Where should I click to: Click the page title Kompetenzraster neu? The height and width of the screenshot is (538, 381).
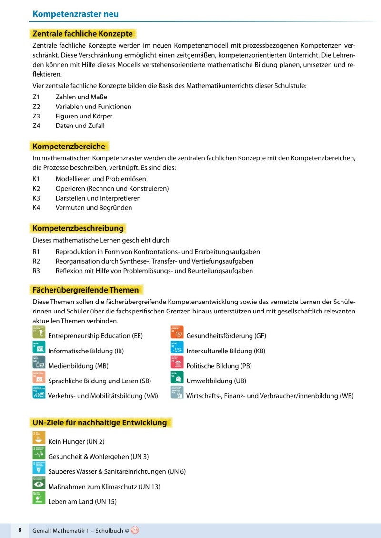point(75,14)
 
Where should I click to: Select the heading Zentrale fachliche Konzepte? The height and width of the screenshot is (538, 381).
point(82,34)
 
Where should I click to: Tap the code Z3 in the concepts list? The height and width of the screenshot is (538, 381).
point(36,116)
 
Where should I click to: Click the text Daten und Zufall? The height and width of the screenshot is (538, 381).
point(80,126)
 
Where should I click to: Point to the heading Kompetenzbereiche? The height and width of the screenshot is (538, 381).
point(69,146)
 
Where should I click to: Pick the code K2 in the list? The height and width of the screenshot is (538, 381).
point(36,188)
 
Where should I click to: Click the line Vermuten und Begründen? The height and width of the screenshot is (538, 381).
point(94,207)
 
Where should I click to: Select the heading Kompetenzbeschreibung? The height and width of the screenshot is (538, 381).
point(78,228)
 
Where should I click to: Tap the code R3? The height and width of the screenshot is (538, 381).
point(36,271)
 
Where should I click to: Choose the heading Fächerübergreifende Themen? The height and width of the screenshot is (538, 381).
point(86,290)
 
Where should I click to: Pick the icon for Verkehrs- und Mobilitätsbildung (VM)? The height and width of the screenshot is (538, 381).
point(39,392)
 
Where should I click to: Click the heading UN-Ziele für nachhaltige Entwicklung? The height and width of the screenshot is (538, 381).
point(100,422)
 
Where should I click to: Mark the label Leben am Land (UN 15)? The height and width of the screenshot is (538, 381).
point(82,501)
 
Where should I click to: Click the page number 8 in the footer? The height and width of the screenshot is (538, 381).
point(20,530)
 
